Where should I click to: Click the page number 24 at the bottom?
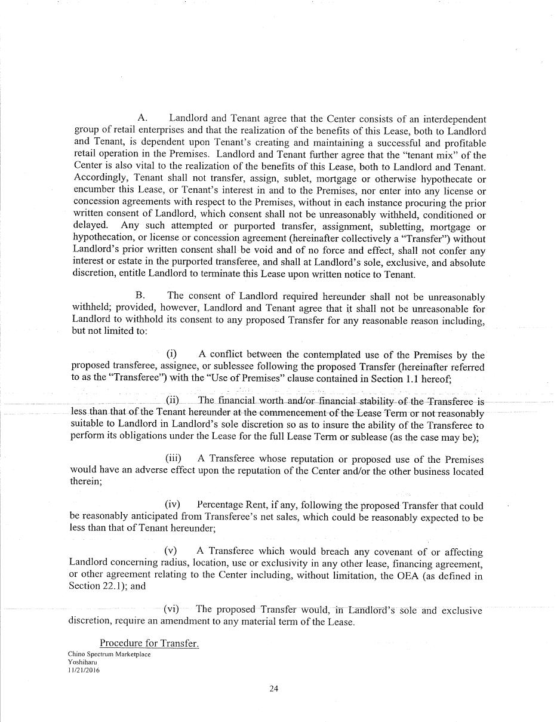pos(273,689)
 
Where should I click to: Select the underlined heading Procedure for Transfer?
pos(149,643)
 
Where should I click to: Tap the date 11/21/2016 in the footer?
pos(84,670)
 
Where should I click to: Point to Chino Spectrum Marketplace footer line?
pos(109,654)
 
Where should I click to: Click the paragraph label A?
pos(142,119)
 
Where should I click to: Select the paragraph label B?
pos(140,296)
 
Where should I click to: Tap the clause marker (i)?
pos(171,355)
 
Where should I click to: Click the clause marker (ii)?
pos(172,400)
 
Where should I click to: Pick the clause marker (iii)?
pos(173,459)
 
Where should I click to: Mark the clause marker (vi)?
pos(171,609)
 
